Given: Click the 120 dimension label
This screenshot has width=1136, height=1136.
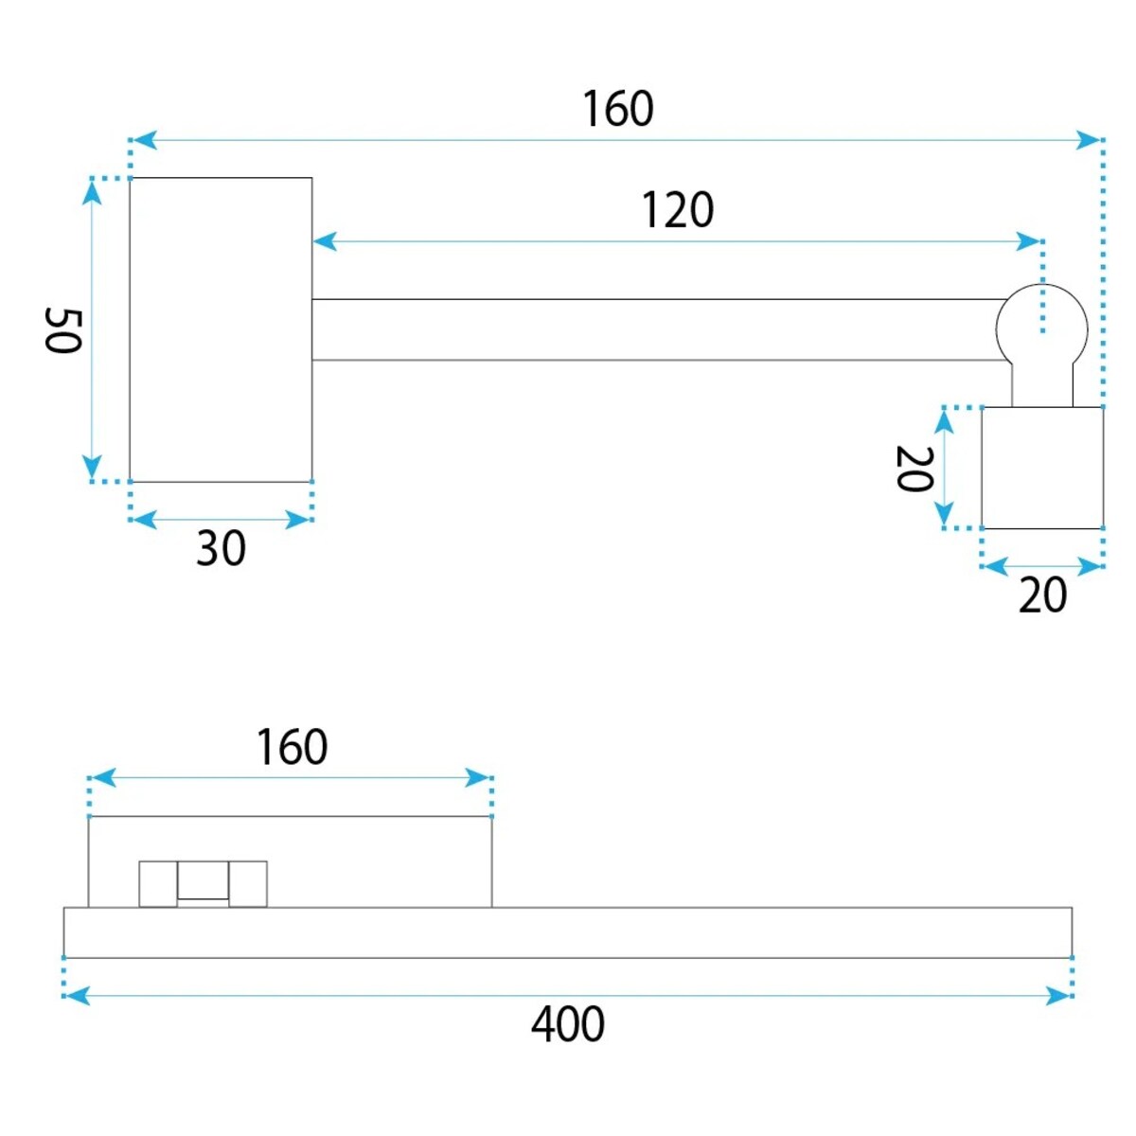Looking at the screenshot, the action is (678, 210).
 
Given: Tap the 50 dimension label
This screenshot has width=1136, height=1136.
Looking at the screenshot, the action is (62, 330).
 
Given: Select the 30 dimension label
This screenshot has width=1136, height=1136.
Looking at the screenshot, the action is (221, 548).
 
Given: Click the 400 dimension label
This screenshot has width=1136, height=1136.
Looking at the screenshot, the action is (567, 1024).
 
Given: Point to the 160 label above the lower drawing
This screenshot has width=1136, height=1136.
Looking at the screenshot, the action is (292, 746).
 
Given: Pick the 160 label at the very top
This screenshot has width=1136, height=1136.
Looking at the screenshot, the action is (618, 109).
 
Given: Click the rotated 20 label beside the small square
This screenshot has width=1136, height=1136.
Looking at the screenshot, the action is (914, 469).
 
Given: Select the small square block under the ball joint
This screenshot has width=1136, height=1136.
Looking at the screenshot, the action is (1041, 468).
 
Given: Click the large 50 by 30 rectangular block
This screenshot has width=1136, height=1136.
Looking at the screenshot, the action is (221, 329).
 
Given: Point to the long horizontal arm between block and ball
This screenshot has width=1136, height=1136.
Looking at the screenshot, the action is (654, 329).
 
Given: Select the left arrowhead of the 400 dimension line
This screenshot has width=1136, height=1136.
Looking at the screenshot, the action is (77, 996).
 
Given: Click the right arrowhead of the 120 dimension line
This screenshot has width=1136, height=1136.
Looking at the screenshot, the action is (1028, 241).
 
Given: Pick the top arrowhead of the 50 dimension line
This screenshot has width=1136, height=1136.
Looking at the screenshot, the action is (92, 191).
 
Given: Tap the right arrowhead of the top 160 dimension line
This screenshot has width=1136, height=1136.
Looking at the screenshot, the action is (1089, 140).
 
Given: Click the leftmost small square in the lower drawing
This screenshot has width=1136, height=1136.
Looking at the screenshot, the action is (158, 883).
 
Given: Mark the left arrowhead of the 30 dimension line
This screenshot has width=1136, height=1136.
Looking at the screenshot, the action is (143, 520).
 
